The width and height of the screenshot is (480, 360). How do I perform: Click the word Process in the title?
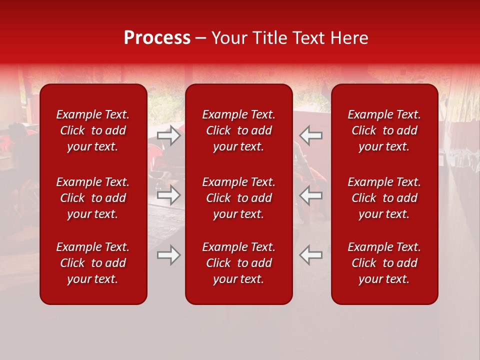pyautogui.click(x=157, y=38)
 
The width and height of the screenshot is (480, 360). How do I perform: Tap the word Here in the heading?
pyautogui.click(x=349, y=38)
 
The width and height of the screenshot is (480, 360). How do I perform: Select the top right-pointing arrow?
pyautogui.click(x=169, y=135)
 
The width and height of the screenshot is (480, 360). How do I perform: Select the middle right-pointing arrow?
pyautogui.click(x=169, y=195)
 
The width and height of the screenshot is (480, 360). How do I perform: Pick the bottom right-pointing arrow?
pyautogui.click(x=169, y=255)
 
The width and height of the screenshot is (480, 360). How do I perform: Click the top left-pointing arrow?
pyautogui.click(x=310, y=135)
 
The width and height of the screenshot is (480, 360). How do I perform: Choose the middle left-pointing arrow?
pyautogui.click(x=310, y=195)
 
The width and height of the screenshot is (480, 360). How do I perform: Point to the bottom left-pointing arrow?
pyautogui.click(x=310, y=255)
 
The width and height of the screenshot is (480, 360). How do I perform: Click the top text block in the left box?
pyautogui.click(x=93, y=130)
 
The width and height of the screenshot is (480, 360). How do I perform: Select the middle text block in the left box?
pyautogui.click(x=93, y=198)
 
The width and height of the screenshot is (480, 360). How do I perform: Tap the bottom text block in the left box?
pyautogui.click(x=93, y=263)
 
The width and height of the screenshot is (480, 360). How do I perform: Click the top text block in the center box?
pyautogui.click(x=238, y=130)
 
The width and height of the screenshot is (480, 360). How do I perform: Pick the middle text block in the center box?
pyautogui.click(x=238, y=198)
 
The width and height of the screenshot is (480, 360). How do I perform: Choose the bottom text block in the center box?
pyautogui.click(x=238, y=263)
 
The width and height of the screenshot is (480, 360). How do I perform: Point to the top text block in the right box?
pyautogui.click(x=384, y=130)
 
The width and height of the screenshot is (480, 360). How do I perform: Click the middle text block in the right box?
pyautogui.click(x=384, y=198)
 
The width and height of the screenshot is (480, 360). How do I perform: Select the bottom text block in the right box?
pyautogui.click(x=384, y=263)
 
